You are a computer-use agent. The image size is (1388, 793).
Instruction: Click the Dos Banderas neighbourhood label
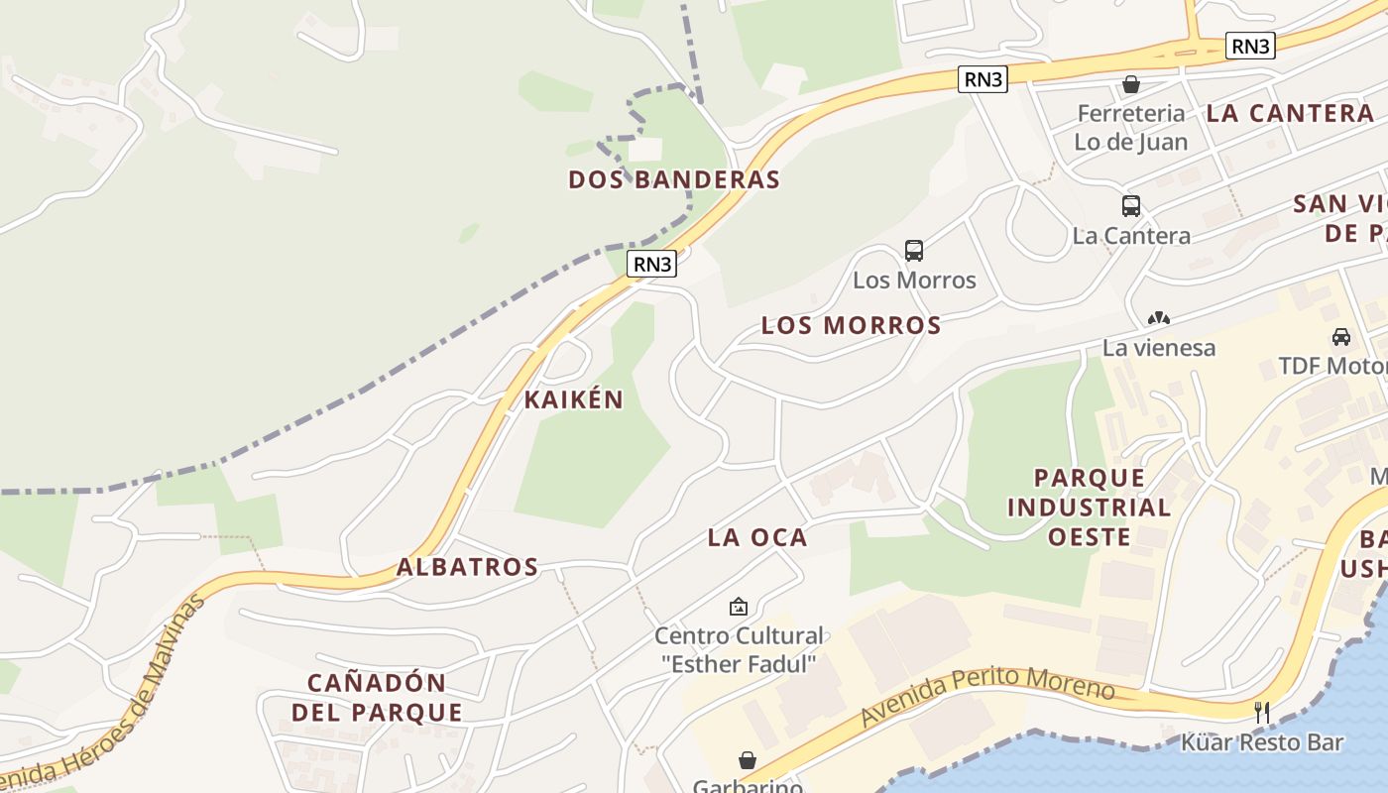pos(674,179)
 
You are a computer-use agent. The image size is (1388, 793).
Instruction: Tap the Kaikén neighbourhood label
pos(574,399)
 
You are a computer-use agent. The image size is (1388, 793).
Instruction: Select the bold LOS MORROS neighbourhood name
pos(851,325)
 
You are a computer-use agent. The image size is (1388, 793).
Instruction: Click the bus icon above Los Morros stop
pos(914,251)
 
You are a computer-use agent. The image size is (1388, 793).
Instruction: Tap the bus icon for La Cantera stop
pos(1131,206)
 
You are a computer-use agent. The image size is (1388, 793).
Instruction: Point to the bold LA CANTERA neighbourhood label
pos(1290,113)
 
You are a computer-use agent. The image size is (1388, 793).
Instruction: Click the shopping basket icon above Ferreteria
pos(1131,84)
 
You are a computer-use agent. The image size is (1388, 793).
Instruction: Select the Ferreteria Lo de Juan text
pos(1131,128)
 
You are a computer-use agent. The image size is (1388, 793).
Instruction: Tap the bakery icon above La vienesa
pos(1158,318)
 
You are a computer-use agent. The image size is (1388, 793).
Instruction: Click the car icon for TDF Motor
pos(1341,336)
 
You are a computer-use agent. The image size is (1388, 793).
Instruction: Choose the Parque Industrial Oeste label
pos(1089,508)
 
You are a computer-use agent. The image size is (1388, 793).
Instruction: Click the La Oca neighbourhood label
pos(757,537)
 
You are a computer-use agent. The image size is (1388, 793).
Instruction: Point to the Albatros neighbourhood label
pos(467,567)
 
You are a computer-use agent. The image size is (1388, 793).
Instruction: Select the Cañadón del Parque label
pos(377,698)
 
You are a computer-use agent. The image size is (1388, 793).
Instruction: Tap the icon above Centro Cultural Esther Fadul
pos(739,606)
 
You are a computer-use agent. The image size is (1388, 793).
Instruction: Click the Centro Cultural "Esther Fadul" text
pos(739,649)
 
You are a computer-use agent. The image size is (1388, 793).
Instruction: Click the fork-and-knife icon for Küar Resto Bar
pos(1262,712)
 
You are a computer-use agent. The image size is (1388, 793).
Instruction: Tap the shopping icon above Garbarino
pos(748,760)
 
